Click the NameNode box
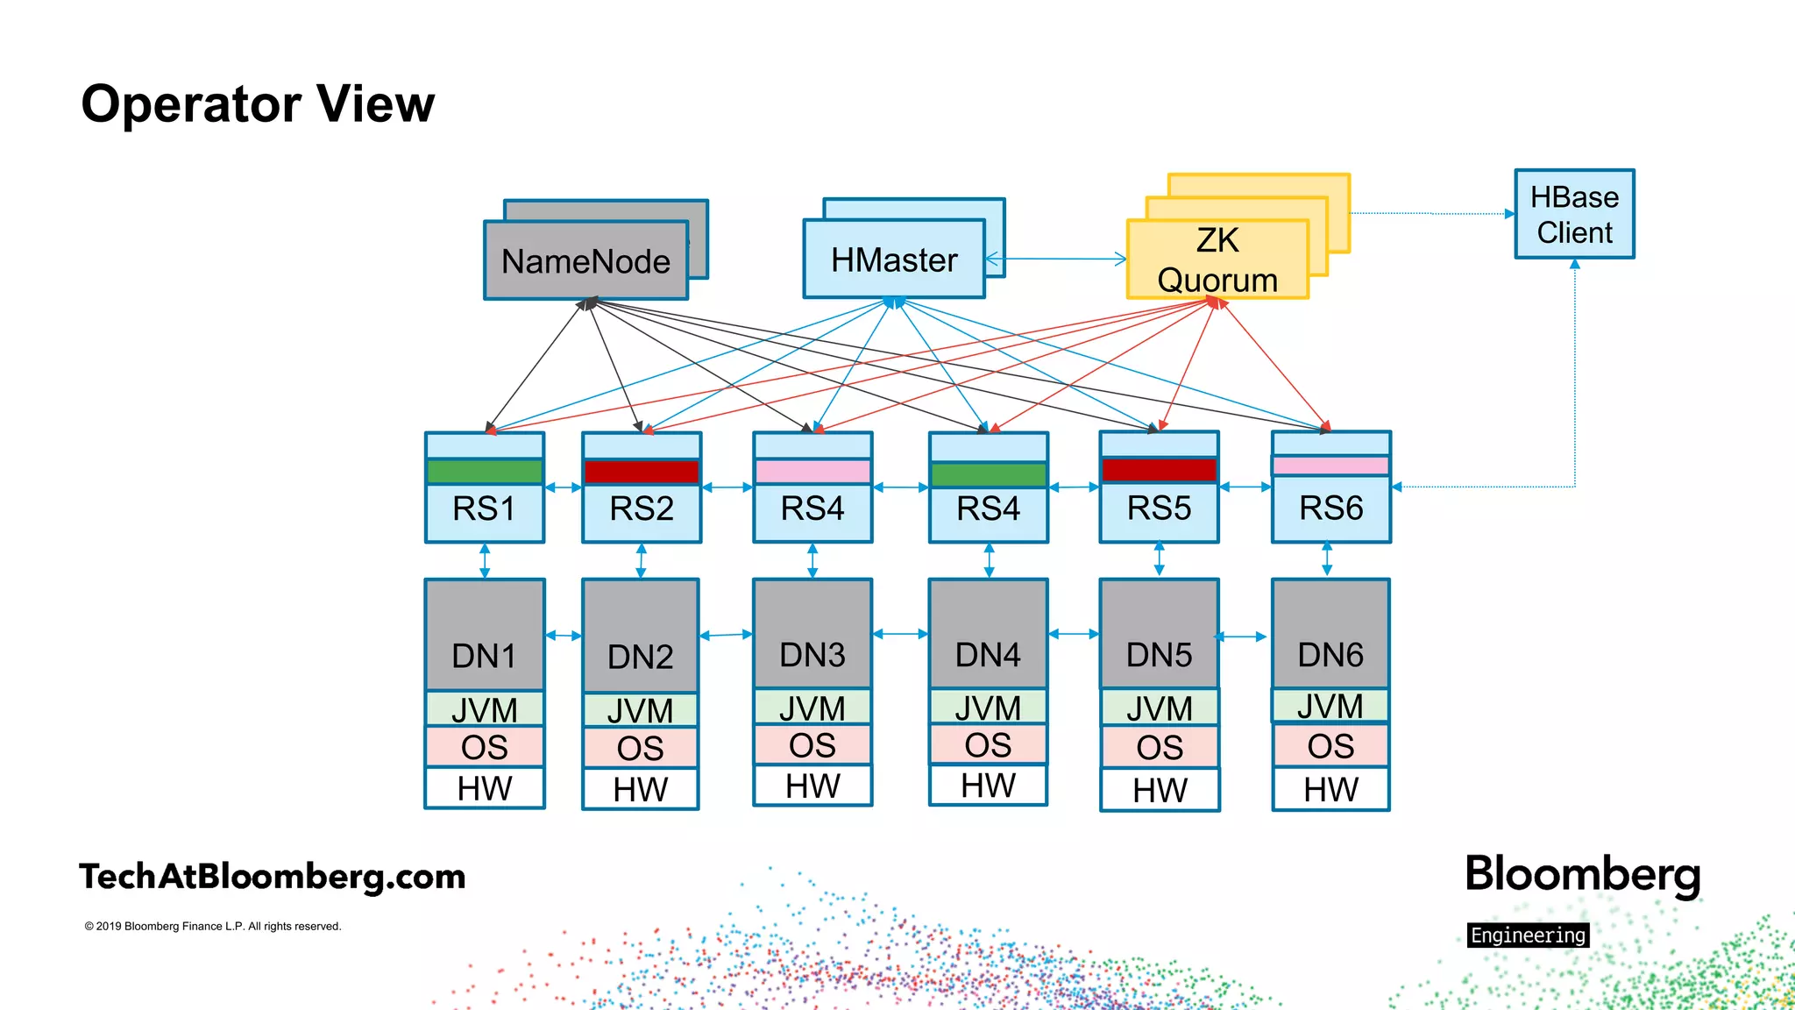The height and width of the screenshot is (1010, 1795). click(585, 261)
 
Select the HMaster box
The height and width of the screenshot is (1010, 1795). click(894, 260)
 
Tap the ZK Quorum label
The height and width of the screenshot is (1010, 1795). click(1217, 260)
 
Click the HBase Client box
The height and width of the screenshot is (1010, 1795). click(1574, 215)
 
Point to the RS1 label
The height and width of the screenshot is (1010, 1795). click(484, 509)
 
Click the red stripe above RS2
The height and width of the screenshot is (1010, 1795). click(642, 472)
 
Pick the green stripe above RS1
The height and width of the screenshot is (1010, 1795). click(484, 472)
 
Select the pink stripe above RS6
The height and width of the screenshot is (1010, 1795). click(1330, 466)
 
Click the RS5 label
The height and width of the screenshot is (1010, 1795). click(1159, 509)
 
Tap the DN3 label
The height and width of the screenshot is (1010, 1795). click(812, 655)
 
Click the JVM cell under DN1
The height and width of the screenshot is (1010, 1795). click(484, 709)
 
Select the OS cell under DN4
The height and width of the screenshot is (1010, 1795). click(988, 745)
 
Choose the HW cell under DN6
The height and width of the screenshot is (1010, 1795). click(1330, 790)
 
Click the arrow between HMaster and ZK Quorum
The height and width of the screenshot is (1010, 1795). click(1056, 259)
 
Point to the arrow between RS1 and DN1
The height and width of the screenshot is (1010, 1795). click(485, 561)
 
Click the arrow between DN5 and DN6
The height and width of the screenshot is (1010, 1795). click(1244, 637)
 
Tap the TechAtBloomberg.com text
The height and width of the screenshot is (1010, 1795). click(272, 877)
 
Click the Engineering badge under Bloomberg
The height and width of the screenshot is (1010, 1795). click(1528, 935)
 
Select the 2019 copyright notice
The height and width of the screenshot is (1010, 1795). click(213, 926)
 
